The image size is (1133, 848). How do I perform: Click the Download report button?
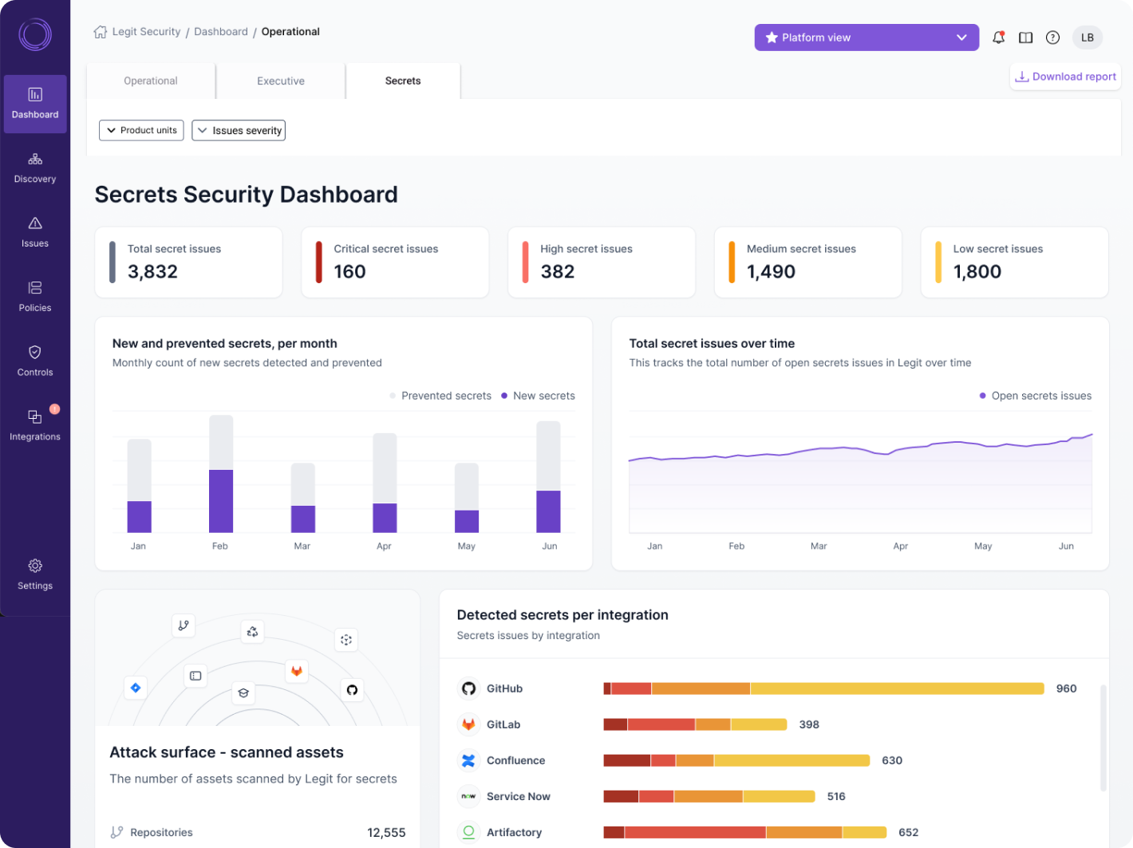tap(1065, 77)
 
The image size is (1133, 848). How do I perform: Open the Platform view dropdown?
tap(867, 37)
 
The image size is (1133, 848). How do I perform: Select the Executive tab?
tap(280, 81)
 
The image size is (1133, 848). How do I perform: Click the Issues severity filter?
tap(239, 131)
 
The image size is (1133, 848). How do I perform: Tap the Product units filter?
tap(141, 130)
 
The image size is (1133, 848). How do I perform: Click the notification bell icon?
tap(998, 37)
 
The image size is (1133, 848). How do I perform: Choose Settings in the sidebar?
tap(35, 574)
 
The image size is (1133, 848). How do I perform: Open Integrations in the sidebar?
tap(35, 425)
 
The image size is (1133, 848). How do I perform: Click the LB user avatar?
tap(1087, 37)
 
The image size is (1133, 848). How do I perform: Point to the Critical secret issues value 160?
tap(349, 272)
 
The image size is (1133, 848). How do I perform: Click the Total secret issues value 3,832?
tap(152, 272)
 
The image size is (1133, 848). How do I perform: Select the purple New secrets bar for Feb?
tap(221, 501)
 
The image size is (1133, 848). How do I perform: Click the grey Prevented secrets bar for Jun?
tap(548, 456)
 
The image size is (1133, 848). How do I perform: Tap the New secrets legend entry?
tap(538, 396)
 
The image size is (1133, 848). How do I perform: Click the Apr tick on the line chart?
tap(900, 546)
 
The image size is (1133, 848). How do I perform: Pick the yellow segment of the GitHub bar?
tap(897, 688)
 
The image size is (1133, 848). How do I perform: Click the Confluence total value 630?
tap(891, 760)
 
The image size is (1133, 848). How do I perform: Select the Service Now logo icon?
tap(468, 796)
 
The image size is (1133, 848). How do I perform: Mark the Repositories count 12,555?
tap(386, 832)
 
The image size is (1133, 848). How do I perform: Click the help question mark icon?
tap(1052, 37)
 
